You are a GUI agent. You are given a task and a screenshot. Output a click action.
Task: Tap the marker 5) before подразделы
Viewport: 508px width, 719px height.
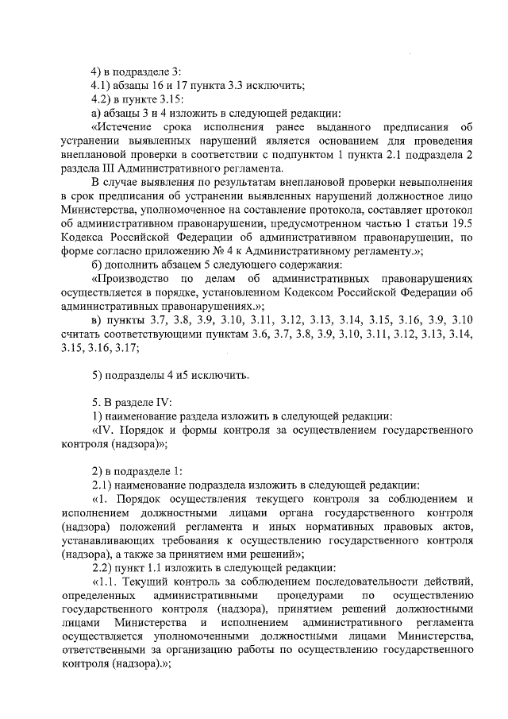coord(98,375)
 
